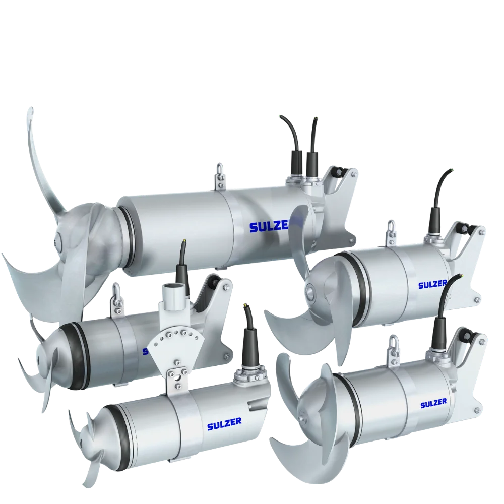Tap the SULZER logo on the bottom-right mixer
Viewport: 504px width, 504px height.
[x=433, y=403]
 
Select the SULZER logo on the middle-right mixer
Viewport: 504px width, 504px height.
[x=432, y=284]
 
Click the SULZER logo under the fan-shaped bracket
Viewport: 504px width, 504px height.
[x=224, y=424]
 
